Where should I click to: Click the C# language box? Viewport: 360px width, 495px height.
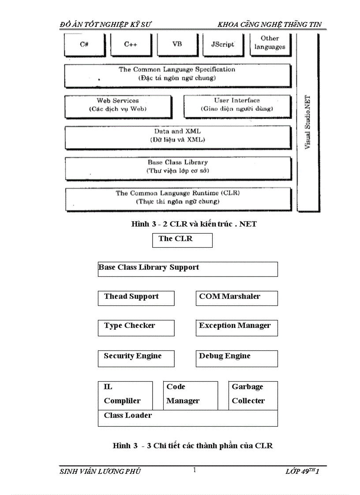(84, 45)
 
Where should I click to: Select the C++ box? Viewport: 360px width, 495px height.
(131, 45)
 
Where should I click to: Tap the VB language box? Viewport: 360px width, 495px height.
(176, 45)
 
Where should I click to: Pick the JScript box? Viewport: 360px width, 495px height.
(223, 45)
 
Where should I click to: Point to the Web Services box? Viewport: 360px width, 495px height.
(118, 105)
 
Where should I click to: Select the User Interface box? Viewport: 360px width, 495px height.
(237, 105)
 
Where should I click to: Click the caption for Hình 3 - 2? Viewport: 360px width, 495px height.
(194, 224)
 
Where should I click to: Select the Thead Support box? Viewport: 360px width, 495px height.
(136, 298)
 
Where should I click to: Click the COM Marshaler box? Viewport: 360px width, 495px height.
(236, 298)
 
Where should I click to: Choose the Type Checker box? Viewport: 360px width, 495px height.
(136, 328)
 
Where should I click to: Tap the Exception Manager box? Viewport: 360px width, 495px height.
(236, 328)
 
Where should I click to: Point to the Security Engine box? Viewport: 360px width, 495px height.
(136, 358)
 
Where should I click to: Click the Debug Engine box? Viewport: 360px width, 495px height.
(236, 358)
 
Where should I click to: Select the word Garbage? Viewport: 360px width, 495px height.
(247, 387)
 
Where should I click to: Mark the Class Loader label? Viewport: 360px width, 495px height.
(128, 415)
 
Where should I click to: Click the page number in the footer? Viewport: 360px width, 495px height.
(194, 470)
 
